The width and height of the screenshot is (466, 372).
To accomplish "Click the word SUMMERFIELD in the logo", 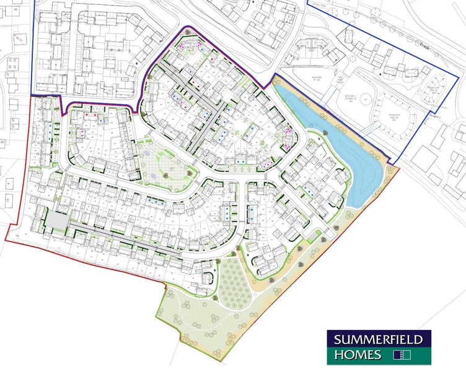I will point(379,340).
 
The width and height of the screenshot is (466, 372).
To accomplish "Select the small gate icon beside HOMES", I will point(402,355).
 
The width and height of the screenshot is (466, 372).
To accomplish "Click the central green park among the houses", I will point(162,167).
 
